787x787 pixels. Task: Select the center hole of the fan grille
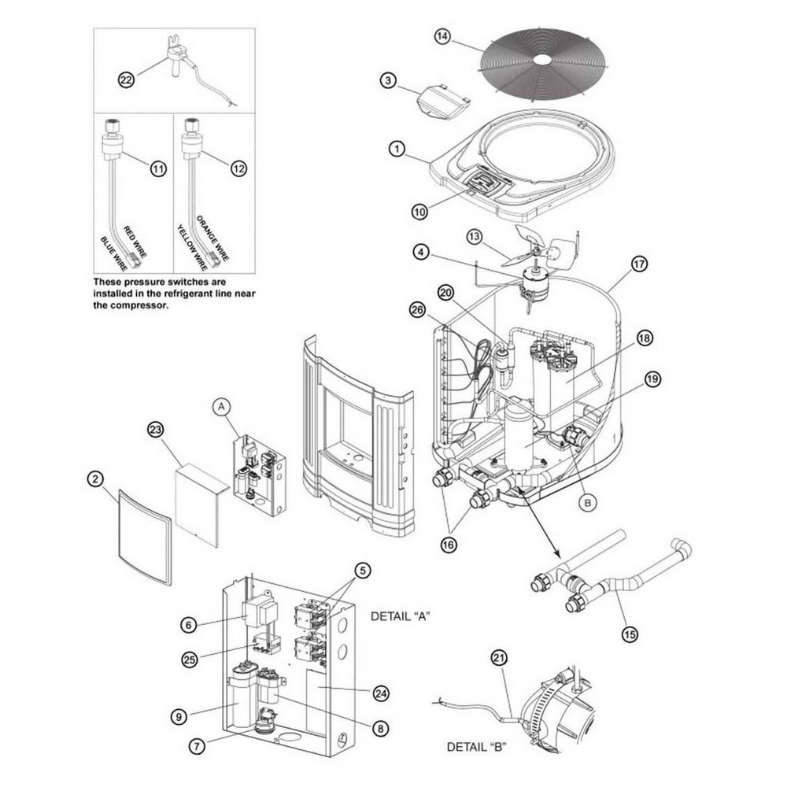point(542,59)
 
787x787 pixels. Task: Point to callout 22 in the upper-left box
point(127,79)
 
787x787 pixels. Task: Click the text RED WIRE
point(135,228)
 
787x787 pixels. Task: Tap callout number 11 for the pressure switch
point(159,168)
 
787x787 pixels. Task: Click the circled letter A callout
point(222,406)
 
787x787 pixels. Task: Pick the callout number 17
point(638,264)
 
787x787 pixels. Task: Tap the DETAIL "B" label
point(477,746)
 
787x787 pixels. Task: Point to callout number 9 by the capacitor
point(181,716)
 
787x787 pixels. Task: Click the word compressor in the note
point(141,308)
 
